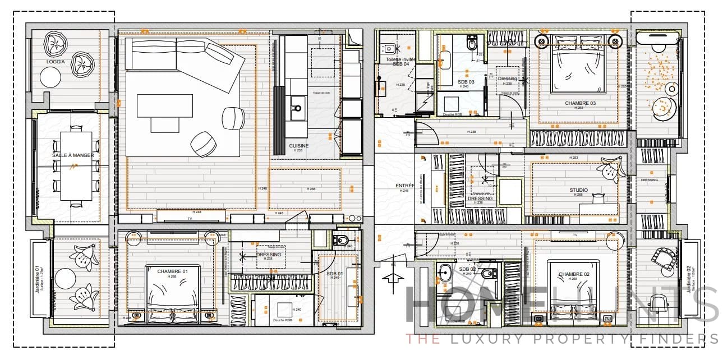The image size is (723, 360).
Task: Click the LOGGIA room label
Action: tap(56, 62)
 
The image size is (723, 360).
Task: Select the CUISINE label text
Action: tap(299, 146)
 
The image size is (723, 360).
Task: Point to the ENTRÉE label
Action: tap(404, 185)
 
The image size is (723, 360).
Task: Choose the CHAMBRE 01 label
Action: tap(171, 271)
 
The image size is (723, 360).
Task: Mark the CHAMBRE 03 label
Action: tap(580, 103)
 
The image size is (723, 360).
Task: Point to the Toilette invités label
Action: tap(401, 59)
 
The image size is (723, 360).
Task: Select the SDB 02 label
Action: tap(467, 270)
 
